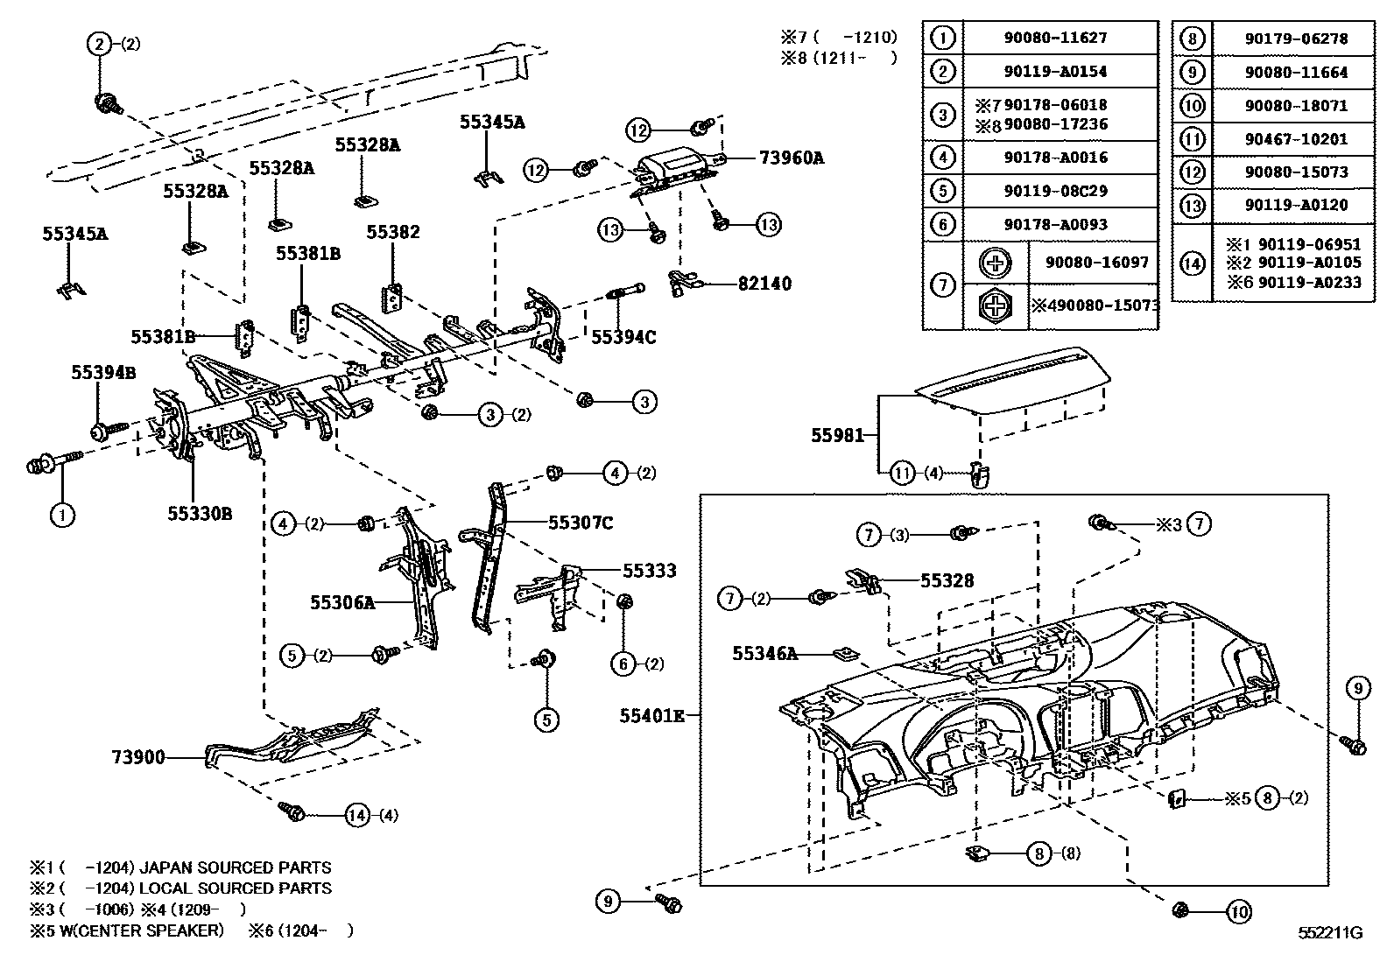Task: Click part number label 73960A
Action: (791, 158)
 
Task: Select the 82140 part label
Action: (764, 284)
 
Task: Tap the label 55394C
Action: (623, 337)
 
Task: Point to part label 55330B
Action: (200, 514)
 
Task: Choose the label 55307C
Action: (581, 523)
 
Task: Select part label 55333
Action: (649, 571)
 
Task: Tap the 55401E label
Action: (651, 715)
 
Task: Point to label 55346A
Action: (764, 653)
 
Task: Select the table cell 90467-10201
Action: (1296, 138)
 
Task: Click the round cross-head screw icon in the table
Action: (995, 263)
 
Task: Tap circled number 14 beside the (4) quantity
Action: (357, 815)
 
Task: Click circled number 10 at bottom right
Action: (1238, 912)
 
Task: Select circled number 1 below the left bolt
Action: (61, 515)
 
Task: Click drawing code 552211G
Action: (1330, 933)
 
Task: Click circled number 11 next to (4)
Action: (902, 474)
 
